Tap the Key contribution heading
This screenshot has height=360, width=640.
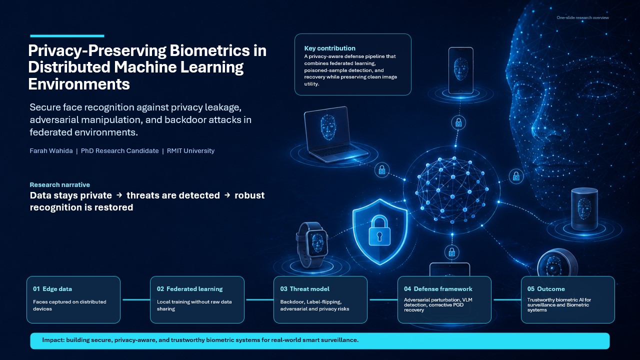(x=329, y=48)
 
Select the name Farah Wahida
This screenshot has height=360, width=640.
(x=51, y=150)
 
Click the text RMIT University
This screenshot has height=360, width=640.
(x=190, y=150)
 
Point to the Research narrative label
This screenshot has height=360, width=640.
(x=59, y=184)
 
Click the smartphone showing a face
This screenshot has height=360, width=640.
(x=460, y=70)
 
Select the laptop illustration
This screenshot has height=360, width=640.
(x=335, y=134)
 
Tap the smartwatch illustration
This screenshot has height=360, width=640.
(x=312, y=244)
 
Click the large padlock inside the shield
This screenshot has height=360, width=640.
(x=379, y=230)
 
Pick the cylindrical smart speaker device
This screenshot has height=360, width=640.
(x=584, y=209)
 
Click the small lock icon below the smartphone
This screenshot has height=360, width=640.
(x=458, y=123)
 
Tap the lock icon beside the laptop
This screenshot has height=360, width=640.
(x=382, y=170)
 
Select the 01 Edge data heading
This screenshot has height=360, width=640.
(x=52, y=289)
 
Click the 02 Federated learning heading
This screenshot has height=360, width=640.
(x=189, y=289)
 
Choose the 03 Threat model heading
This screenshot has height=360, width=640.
(x=305, y=289)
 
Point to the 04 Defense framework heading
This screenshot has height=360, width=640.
(x=438, y=289)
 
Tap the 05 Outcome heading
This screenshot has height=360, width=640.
(x=546, y=289)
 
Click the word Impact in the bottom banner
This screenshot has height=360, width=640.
(x=53, y=340)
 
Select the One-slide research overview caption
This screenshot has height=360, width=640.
(x=582, y=17)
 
